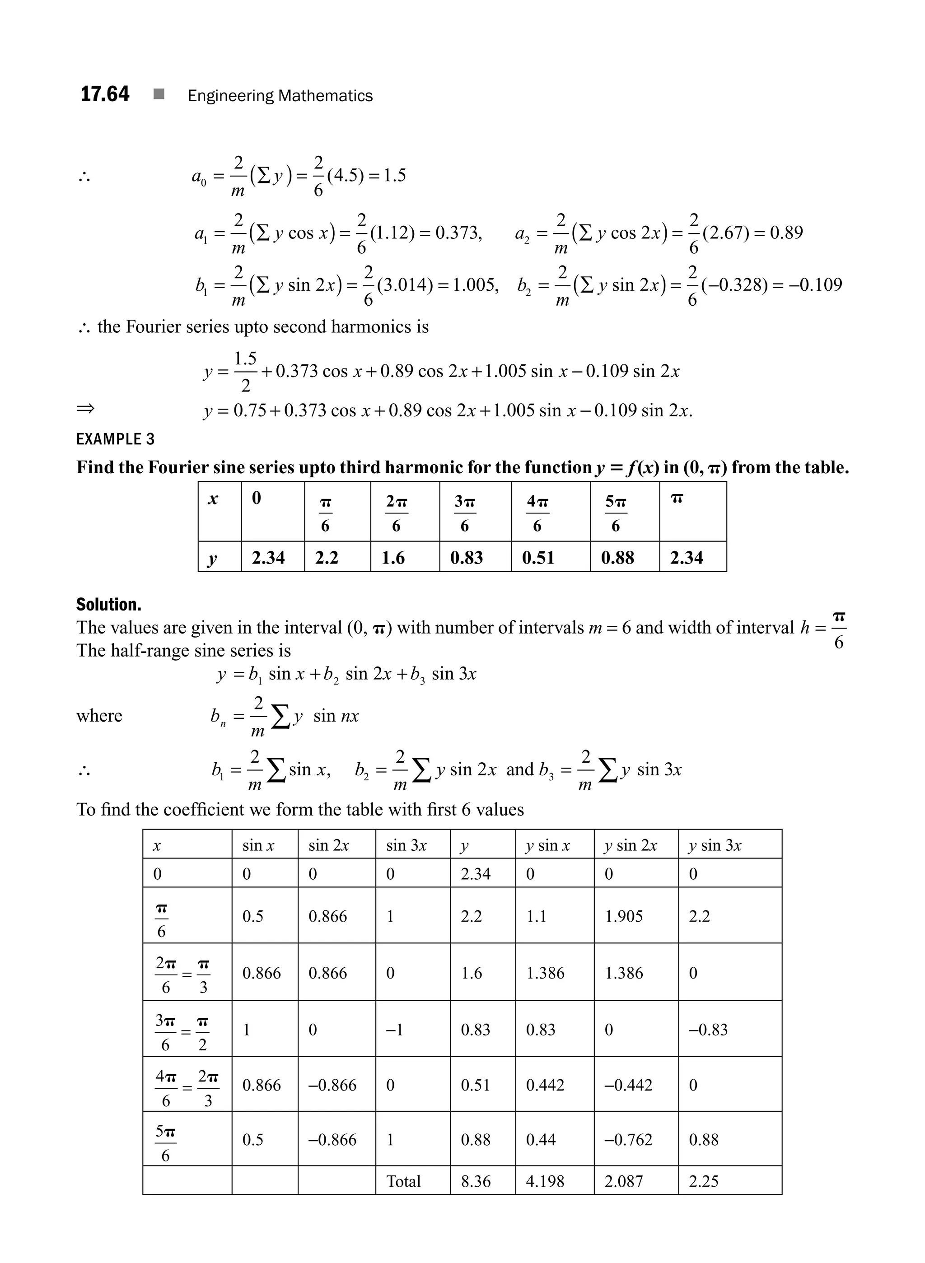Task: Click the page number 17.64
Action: click(105, 94)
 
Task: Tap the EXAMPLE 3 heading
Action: click(115, 439)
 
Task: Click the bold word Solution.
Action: click(109, 605)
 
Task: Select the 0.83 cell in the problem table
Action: click(467, 558)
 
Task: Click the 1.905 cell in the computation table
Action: click(624, 917)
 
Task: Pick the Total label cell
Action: click(403, 1181)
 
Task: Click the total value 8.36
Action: click(476, 1181)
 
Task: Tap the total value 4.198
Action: click(544, 1181)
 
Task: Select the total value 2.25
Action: click(703, 1181)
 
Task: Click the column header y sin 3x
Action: click(715, 845)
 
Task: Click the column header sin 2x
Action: click(329, 845)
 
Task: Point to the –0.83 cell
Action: click(708, 1030)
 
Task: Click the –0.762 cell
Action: click(628, 1140)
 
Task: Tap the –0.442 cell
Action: click(628, 1085)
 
